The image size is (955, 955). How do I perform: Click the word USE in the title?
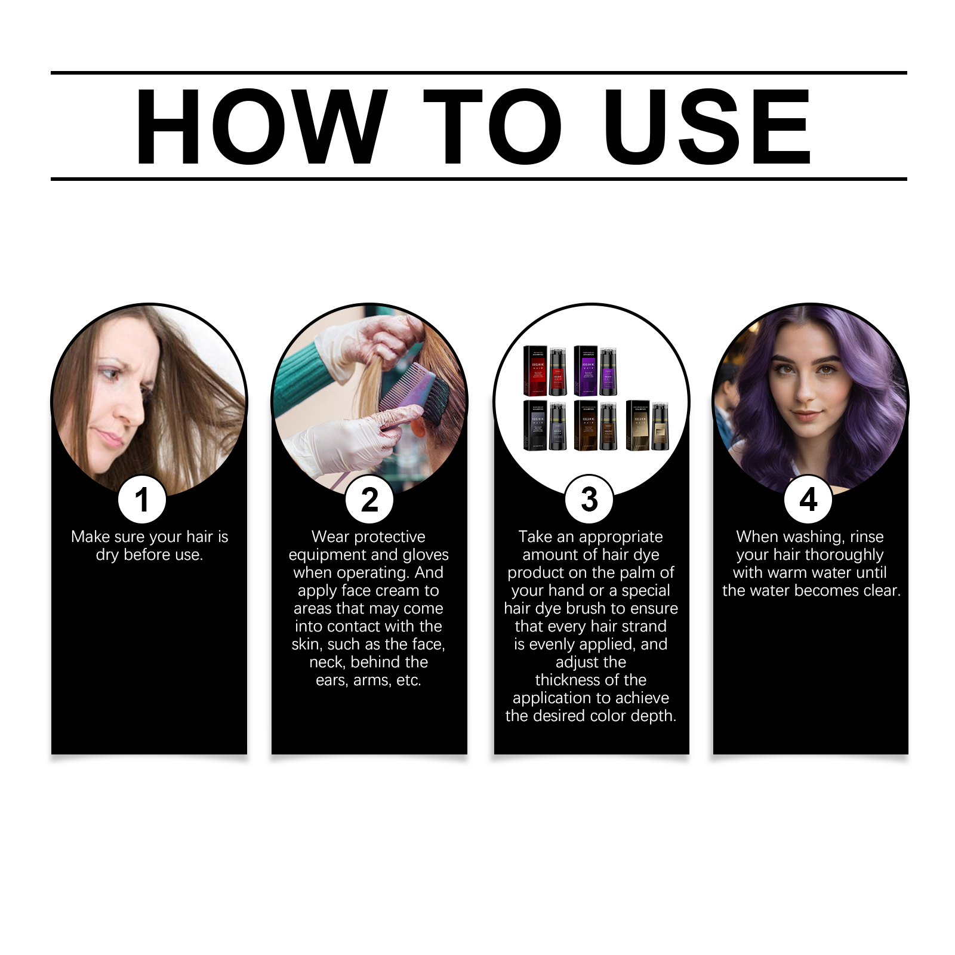pos(707,127)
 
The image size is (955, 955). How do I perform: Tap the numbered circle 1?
pos(142,500)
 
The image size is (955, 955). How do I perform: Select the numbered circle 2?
pos(369,500)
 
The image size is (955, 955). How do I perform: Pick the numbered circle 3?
pos(589,500)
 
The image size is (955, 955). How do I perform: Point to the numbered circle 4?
pos(808,500)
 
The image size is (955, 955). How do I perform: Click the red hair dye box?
pos(535,371)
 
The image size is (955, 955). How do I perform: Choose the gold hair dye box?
pos(637,425)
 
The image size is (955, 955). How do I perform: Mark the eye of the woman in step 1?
pos(109,375)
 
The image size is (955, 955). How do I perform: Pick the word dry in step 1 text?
pos(107,555)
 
